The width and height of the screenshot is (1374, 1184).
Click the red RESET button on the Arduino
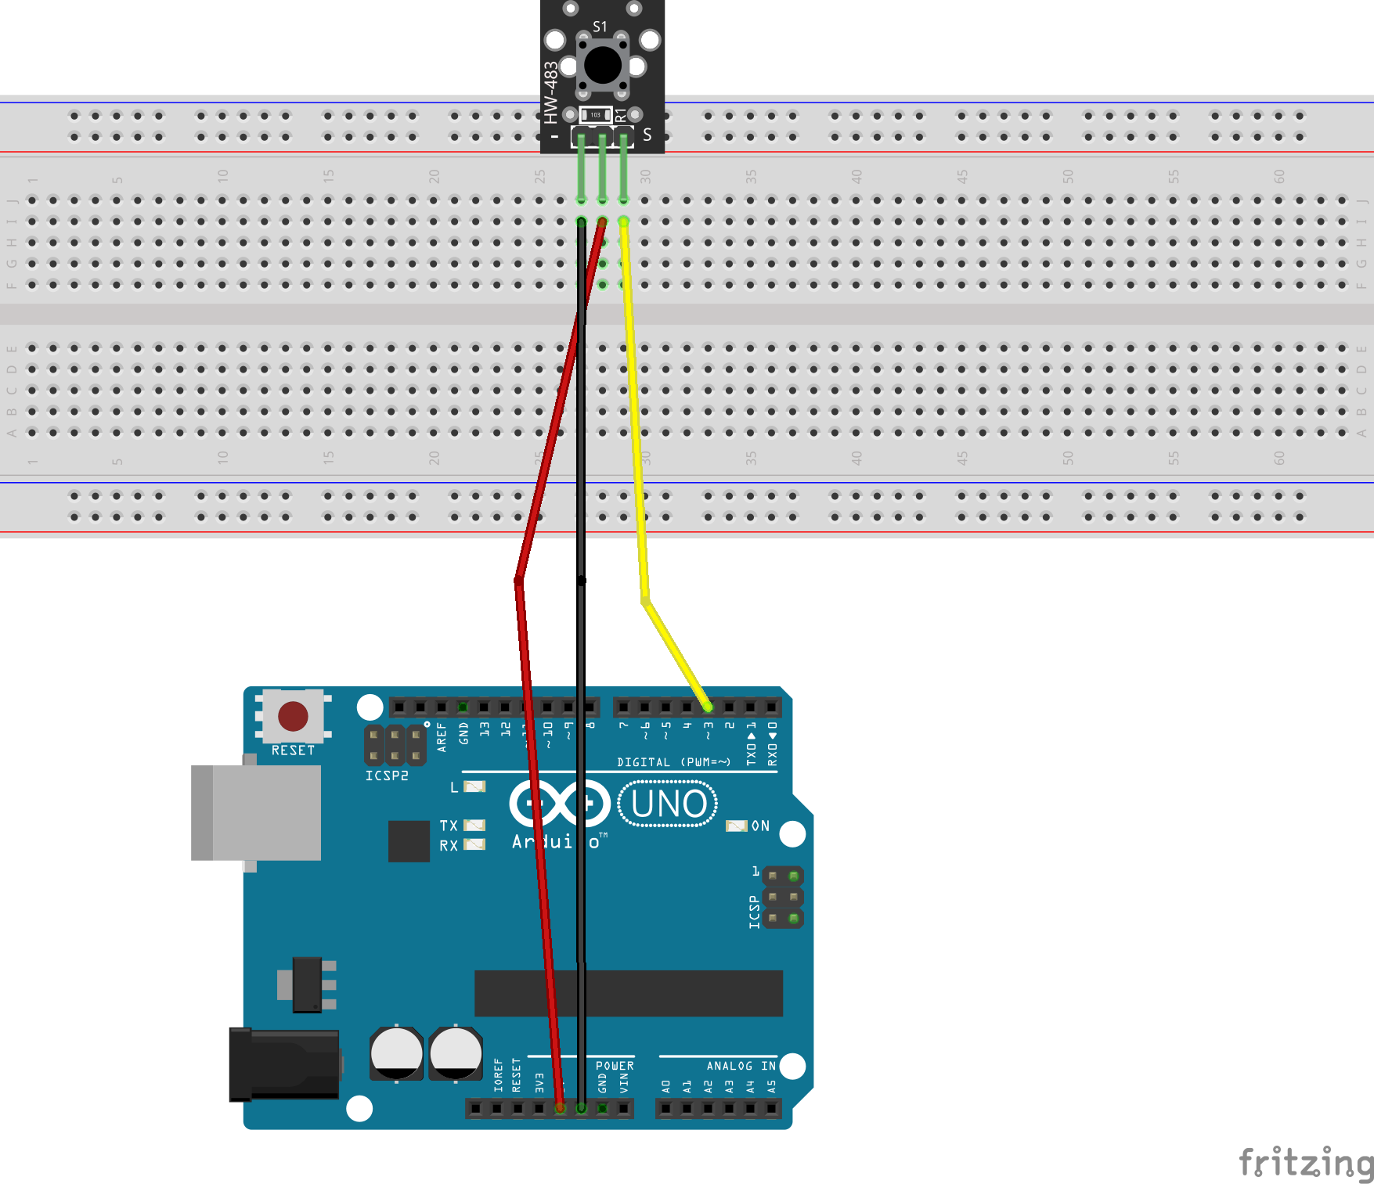pos(293,716)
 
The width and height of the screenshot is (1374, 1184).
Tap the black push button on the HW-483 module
pos(603,65)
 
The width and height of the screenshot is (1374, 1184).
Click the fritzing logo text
pos(1305,1162)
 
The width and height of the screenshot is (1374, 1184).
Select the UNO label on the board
pos(669,804)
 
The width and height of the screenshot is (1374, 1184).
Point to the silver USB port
pos(256,812)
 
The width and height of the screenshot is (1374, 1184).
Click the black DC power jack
pos(284,1065)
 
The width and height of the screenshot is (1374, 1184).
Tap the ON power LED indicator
pos(736,826)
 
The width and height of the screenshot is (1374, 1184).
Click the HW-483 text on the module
pos(551,92)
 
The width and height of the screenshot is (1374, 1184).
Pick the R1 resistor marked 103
pos(596,115)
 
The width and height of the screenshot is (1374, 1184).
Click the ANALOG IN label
pos(741,1066)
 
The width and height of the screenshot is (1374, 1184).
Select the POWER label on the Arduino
pos(615,1066)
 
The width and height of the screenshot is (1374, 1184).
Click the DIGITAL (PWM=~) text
pos(673,762)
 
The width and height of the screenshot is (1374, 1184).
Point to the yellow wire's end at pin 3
pos(708,707)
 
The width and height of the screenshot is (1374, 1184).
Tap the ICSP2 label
pos(387,776)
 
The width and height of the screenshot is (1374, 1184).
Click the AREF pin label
pos(442,737)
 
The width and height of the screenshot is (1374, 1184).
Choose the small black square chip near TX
pos(409,840)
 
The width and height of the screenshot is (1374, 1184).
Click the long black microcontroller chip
pos(628,993)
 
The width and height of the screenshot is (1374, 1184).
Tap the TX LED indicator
pos(474,826)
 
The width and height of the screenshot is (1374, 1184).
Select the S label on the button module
pos(647,135)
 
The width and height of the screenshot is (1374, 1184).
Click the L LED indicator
pos(474,786)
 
